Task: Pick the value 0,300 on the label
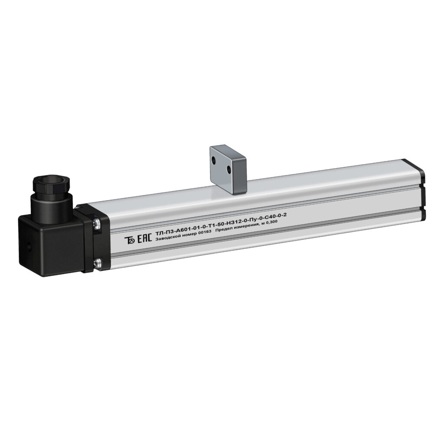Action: click(271, 223)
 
